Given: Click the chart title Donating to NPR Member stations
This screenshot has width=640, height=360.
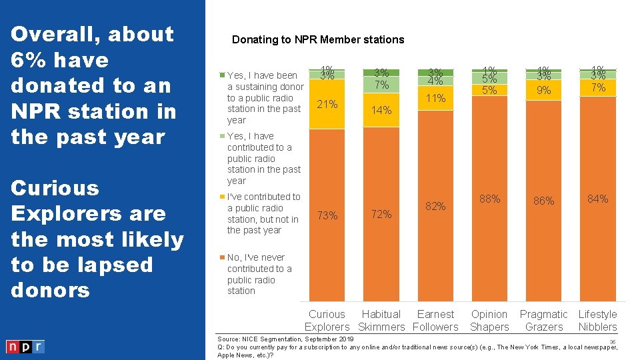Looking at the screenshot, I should [318, 39].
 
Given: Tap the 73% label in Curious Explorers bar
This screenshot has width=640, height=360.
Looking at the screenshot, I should [327, 215].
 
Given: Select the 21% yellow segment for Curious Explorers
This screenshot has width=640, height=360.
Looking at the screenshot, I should [327, 105].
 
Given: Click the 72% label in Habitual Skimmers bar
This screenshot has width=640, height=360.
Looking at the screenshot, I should [381, 214].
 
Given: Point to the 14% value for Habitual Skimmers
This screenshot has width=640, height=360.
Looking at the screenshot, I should [381, 111].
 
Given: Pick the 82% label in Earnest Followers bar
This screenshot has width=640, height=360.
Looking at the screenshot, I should [436, 206].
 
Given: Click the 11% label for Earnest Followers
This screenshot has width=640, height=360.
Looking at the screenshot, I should [436, 98].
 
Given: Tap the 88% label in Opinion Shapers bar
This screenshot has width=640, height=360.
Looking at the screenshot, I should [490, 199].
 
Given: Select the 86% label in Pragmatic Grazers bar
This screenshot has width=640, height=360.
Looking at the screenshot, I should [544, 200].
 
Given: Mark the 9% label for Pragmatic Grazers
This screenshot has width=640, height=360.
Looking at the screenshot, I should [544, 90].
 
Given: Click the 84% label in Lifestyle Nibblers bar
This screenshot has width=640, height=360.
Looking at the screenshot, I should [598, 199].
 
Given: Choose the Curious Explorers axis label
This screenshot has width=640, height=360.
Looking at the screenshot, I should [327, 321].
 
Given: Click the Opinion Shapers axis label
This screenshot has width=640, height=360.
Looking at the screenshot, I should [489, 321].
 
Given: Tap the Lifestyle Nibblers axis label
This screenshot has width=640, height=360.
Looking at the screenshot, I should [598, 321].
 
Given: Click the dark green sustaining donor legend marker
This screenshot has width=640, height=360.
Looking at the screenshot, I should [223, 75].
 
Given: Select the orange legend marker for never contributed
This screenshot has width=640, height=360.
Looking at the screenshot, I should [223, 257].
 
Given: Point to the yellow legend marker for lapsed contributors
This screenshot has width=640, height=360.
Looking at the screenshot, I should [223, 197].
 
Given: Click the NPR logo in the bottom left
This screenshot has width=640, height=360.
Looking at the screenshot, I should [25, 347].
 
